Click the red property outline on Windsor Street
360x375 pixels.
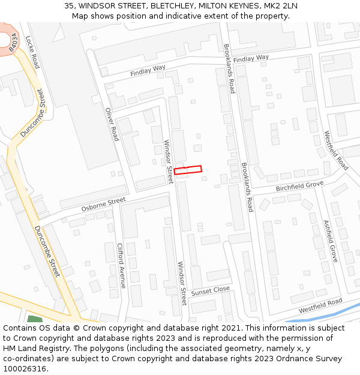point(188,170)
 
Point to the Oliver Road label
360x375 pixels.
point(112,124)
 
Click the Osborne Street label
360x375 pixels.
point(103,204)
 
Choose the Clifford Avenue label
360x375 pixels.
point(122,265)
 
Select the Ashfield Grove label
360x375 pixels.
point(331,241)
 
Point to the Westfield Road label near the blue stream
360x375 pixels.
point(320,305)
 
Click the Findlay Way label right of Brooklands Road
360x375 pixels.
point(251,59)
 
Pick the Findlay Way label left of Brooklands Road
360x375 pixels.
point(148,71)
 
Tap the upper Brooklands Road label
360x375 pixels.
point(229,68)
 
